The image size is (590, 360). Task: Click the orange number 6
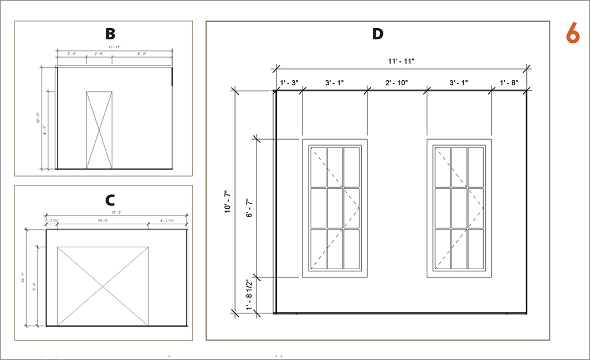[573, 33]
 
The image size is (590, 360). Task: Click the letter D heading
[377, 34]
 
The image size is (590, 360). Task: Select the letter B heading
[110, 34]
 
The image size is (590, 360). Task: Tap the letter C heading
[110, 198]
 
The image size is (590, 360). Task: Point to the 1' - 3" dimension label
[289, 83]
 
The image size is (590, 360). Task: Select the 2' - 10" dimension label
[396, 83]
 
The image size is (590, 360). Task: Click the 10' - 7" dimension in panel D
[228, 203]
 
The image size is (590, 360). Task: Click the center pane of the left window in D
[335, 208]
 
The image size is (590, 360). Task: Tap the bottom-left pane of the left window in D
[319, 249]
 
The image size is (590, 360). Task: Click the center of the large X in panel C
[102, 286]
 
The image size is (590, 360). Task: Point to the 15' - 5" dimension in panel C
[116, 213]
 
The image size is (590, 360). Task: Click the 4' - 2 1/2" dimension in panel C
[167, 221]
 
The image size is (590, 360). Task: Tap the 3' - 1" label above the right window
[458, 83]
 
